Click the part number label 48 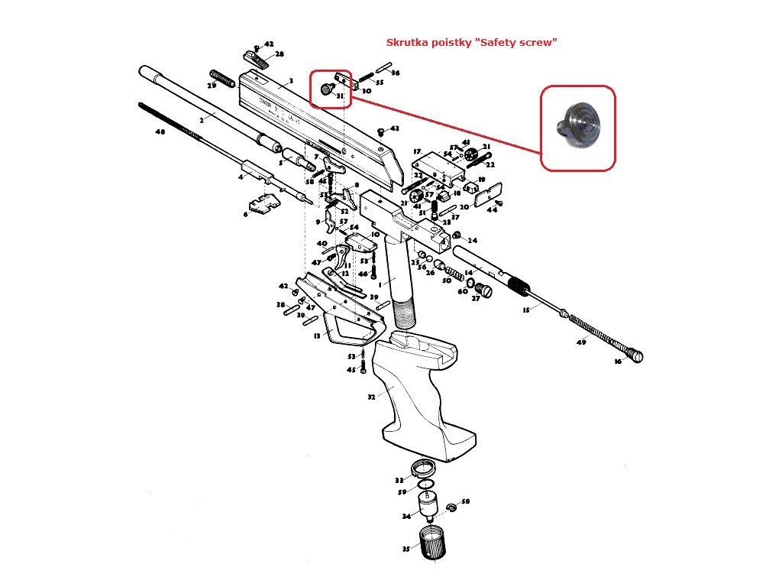[x=160, y=132]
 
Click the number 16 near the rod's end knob [x=618, y=362]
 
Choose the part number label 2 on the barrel [x=202, y=120]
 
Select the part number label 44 [x=492, y=209]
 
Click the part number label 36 [x=395, y=73]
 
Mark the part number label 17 [x=417, y=152]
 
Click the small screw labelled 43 [x=381, y=132]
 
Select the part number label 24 [x=473, y=240]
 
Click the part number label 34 [x=407, y=517]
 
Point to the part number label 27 [x=475, y=299]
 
